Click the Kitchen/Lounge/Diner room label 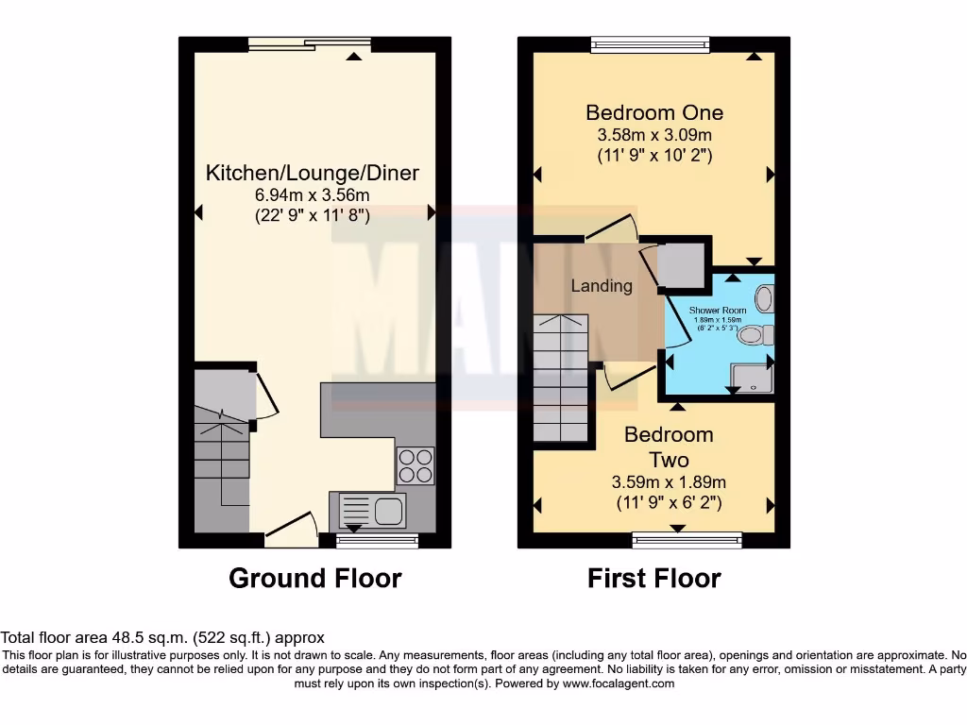point(313,174)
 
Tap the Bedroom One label point(654,112)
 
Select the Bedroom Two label point(669,447)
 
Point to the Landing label point(602,285)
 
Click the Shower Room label point(718,310)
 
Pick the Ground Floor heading point(314,578)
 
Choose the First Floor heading point(654,578)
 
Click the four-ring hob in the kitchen point(416,465)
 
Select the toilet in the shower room point(755,335)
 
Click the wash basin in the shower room point(765,298)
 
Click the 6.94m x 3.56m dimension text point(313,195)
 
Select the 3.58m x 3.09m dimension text point(654,135)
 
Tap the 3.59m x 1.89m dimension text point(669,482)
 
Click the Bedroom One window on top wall point(650,43)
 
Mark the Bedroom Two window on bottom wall point(687,540)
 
